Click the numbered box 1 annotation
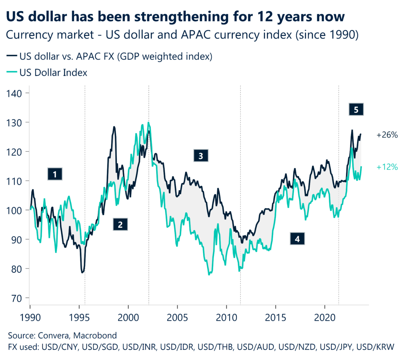(x=55, y=174)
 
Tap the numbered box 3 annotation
(x=200, y=156)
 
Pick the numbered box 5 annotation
(x=356, y=110)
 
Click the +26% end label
(x=387, y=135)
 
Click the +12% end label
(x=387, y=167)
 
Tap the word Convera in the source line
(x=52, y=336)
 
